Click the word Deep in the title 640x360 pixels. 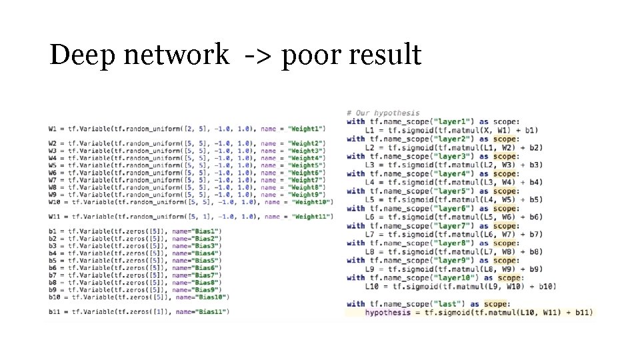click(x=78, y=54)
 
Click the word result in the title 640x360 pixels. click(x=386, y=54)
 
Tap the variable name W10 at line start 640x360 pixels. click(x=55, y=201)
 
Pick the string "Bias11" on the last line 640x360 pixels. click(x=211, y=311)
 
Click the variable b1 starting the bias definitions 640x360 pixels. click(x=52, y=231)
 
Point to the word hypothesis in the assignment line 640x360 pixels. click(x=387, y=312)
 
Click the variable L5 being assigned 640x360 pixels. click(x=370, y=199)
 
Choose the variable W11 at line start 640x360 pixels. click(x=55, y=216)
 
